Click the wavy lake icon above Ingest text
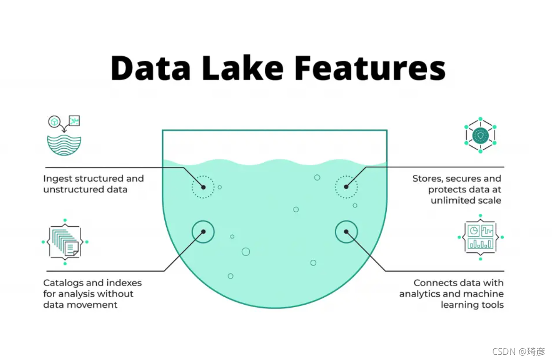(64, 146)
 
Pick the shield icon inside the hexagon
(480, 136)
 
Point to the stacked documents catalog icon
(65, 242)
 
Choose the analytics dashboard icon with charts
(480, 237)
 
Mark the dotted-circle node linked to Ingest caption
(203, 187)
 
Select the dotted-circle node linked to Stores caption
(346, 187)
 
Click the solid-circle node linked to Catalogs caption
(203, 231)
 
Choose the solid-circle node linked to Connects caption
(346, 231)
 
